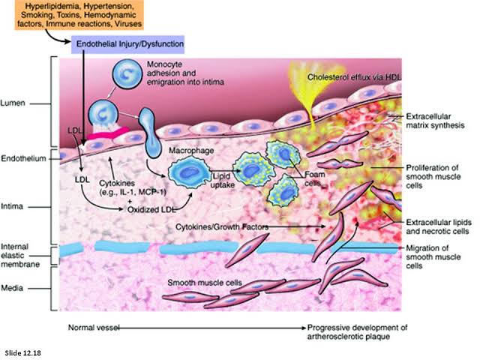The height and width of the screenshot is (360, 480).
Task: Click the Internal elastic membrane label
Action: (20, 254)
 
